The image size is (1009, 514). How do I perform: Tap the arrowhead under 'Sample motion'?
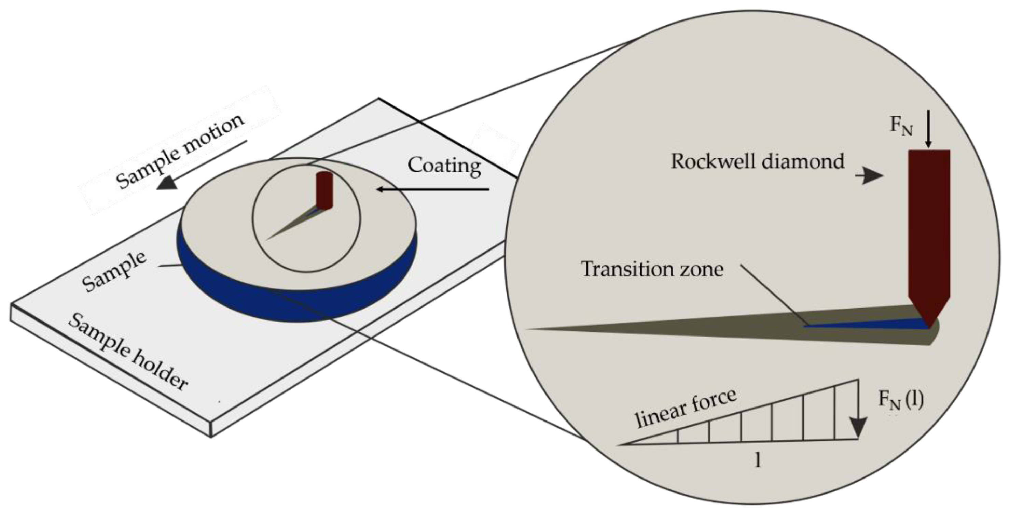pos(166,183)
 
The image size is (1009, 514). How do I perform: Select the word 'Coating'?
pos(444,166)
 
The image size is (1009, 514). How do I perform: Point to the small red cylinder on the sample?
pos(324,191)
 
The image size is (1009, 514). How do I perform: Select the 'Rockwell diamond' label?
pos(758,162)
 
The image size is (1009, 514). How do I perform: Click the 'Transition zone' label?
pos(652,269)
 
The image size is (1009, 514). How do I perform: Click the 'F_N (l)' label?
pos(900,400)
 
